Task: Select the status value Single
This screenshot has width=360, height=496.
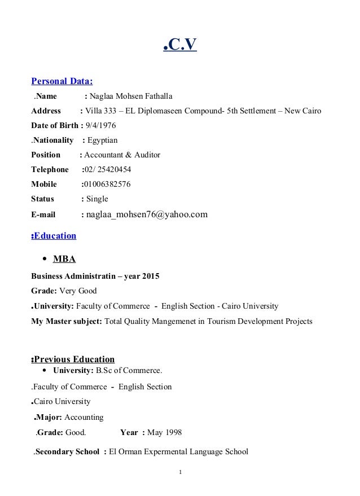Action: [96, 199]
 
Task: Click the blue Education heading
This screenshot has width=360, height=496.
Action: [55, 236]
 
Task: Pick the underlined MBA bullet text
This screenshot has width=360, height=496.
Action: [64, 260]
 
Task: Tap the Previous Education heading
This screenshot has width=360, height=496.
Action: [74, 359]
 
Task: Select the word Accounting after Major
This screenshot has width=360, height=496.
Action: [84, 418]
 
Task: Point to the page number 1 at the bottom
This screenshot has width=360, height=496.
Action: [179, 472]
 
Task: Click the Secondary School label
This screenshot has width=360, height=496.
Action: [68, 451]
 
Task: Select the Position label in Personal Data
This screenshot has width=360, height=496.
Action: [46, 155]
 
